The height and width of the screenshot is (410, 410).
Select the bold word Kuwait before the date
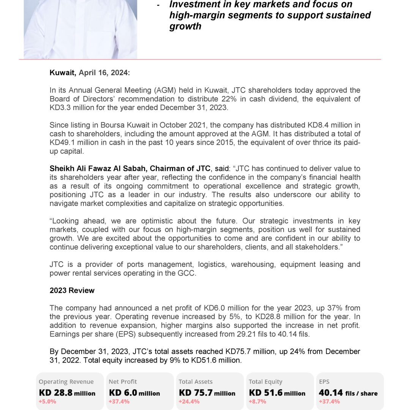(63, 73)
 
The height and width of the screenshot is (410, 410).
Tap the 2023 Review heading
(72, 290)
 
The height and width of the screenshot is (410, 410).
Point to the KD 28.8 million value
(67, 393)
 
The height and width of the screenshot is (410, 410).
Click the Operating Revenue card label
(66, 382)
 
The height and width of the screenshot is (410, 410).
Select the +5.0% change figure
(47, 402)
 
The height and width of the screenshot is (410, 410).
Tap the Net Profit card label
(123, 382)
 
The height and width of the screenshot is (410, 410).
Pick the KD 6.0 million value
(134, 393)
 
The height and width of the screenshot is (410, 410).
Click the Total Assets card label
(196, 382)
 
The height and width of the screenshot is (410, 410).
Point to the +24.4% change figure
(189, 402)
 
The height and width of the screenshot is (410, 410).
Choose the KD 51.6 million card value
(277, 393)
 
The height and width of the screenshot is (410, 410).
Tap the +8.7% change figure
(257, 402)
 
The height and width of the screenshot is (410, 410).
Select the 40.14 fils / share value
(348, 393)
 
